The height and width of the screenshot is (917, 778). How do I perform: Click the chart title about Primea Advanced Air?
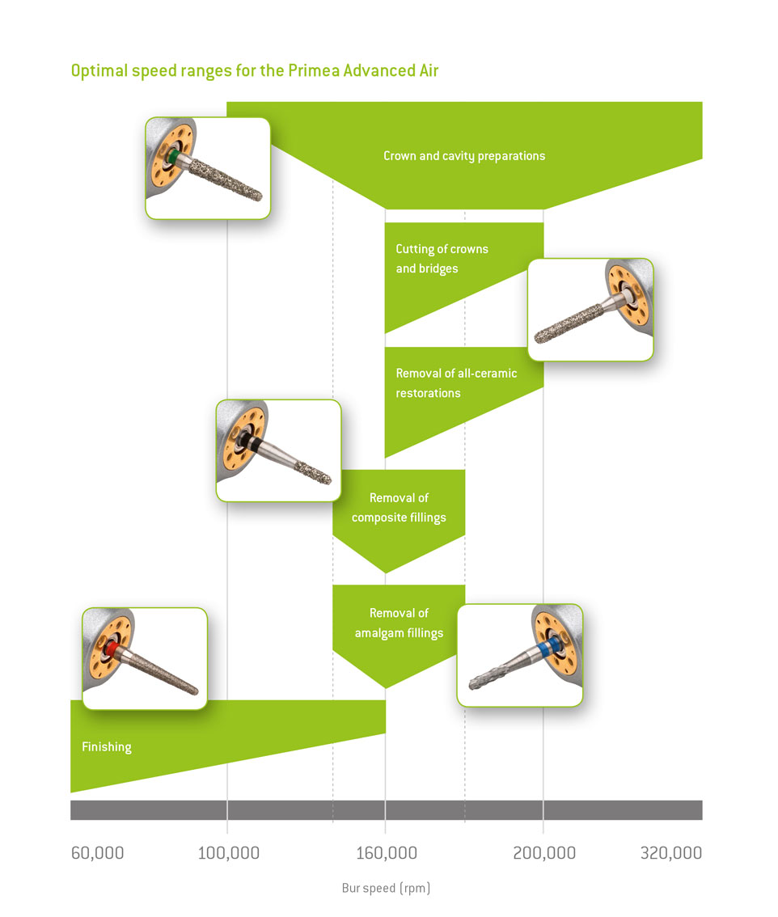pos(255,71)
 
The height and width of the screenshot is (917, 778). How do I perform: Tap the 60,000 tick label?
pos(97,852)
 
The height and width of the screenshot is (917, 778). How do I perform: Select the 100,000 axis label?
pos(228,852)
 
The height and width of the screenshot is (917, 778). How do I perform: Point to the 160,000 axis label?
pos(386,852)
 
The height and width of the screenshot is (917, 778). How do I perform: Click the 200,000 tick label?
pos(544,852)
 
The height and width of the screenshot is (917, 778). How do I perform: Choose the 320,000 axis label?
pos(671,852)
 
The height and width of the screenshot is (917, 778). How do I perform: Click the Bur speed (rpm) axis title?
pos(386,888)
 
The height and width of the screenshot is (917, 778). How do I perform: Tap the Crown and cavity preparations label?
pos(464,156)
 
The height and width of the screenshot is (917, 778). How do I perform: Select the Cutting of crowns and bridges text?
pos(442,259)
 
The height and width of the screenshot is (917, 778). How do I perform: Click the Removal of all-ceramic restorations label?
pos(456,383)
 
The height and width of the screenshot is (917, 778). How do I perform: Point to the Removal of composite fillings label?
pos(399,508)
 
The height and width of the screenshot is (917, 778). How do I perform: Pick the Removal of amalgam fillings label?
pos(399,623)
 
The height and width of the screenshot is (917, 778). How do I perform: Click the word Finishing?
pos(107,747)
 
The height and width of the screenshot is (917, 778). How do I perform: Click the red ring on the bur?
pos(111,649)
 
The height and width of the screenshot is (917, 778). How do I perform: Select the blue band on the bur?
pos(550,648)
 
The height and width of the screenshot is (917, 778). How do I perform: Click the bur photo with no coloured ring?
pos(591,310)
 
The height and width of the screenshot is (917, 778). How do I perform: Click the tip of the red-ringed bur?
pos(196,691)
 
